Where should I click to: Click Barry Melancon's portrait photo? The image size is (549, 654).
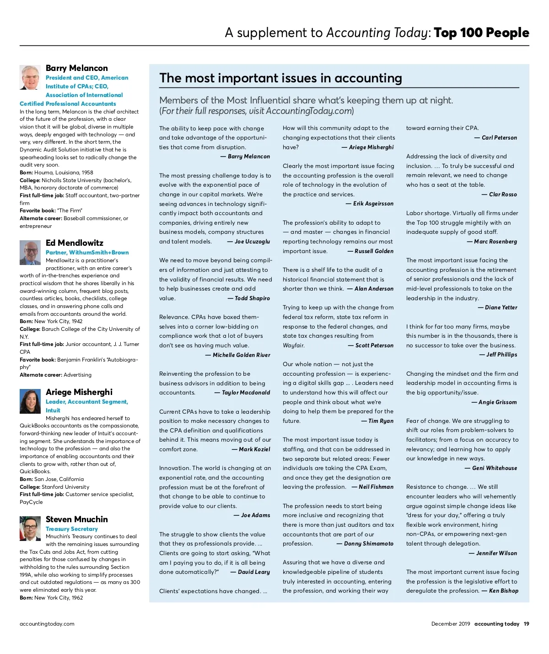pyautogui.click(x=30, y=77)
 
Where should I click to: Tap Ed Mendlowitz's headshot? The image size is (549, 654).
pyautogui.click(x=30, y=252)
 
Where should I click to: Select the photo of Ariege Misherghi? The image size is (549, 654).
pyautogui.click(x=30, y=401)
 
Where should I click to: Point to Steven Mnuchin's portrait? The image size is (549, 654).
pyautogui.click(x=30, y=529)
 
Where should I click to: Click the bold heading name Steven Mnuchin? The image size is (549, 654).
pyautogui.click(x=77, y=519)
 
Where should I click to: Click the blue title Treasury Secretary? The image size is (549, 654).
pyautogui.click(x=72, y=529)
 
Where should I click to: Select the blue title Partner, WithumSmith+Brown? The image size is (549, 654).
pyautogui.click(x=87, y=253)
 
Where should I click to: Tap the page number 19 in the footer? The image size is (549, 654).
pyautogui.click(x=526, y=624)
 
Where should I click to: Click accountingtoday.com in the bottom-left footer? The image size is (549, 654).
pyautogui.click(x=47, y=624)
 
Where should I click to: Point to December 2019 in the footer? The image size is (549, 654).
pyautogui.click(x=450, y=624)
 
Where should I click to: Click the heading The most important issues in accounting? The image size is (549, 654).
pyautogui.click(x=280, y=78)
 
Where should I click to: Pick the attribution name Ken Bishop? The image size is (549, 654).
pyautogui.click(x=503, y=591)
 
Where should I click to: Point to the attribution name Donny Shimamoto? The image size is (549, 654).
pyautogui.click(x=369, y=544)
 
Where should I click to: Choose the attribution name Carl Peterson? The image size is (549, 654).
pyautogui.click(x=499, y=138)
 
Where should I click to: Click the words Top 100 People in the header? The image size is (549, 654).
pyautogui.click(x=481, y=33)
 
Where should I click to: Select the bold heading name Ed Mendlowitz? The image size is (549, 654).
pyautogui.click(x=75, y=243)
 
